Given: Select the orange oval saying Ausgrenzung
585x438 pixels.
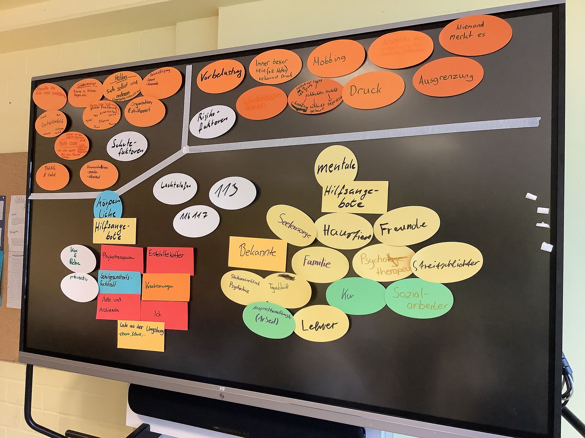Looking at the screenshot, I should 448,77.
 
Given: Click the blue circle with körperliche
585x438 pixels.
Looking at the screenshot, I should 108,206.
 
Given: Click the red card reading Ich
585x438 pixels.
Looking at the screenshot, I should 164,315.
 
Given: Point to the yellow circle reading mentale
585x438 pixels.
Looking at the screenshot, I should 336,166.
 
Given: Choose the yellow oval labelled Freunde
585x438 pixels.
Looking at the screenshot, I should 407,229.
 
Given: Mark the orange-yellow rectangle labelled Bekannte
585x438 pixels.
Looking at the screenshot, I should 257,253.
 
